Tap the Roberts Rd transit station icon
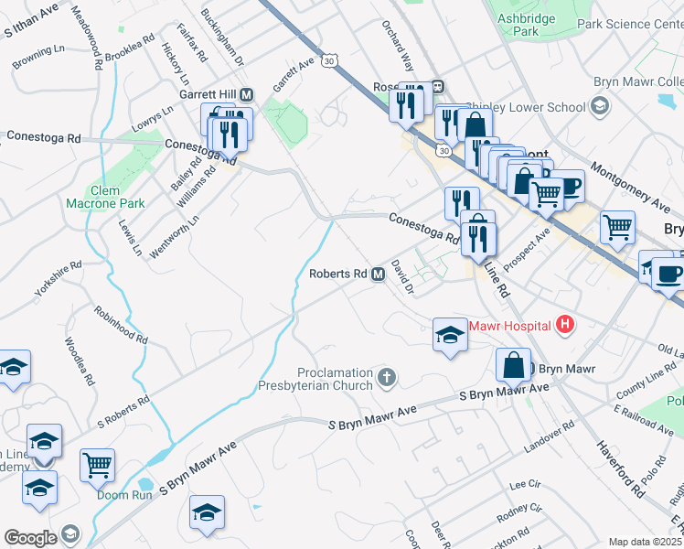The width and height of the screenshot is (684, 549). [378, 274]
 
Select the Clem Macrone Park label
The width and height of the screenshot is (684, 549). [105, 197]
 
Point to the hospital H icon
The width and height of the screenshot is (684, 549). [566, 324]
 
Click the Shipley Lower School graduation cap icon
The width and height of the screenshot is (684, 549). [599, 107]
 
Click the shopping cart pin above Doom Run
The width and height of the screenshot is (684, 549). [97, 464]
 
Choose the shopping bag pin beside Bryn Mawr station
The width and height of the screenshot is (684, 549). [514, 364]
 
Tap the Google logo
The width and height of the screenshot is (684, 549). [30, 537]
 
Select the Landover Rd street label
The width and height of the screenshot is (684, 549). [549, 436]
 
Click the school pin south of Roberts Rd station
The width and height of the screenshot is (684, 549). [449, 336]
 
